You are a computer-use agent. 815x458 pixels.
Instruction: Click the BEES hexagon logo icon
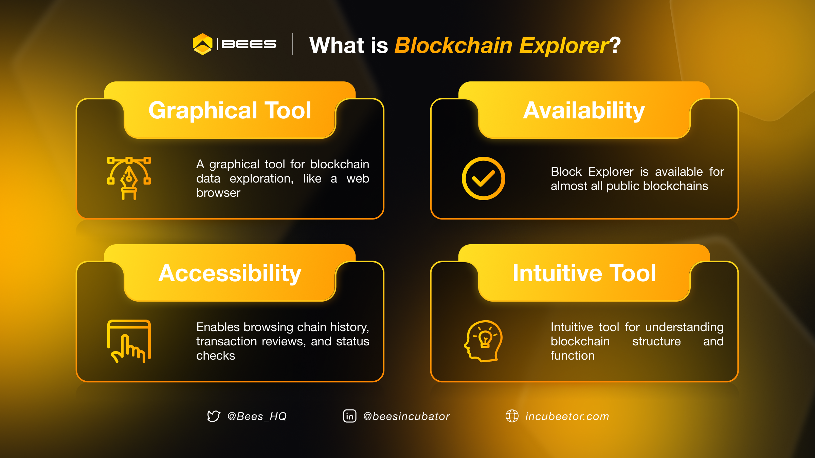[202, 44]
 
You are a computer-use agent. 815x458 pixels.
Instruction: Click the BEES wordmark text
[249, 44]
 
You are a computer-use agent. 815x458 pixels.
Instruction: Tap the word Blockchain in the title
[453, 45]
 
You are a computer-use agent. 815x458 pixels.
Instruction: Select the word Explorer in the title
[564, 45]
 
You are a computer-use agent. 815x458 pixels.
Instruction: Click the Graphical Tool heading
[230, 111]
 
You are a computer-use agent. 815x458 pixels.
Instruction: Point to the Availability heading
[584, 111]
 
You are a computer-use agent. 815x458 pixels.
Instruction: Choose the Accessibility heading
[230, 273]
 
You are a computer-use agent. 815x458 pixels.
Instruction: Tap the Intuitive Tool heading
[584, 273]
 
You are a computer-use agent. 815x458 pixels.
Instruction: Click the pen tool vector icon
[129, 178]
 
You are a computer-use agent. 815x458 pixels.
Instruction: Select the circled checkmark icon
[483, 178]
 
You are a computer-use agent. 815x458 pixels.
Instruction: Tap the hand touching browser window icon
[129, 341]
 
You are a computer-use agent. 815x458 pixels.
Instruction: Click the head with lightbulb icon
[483, 341]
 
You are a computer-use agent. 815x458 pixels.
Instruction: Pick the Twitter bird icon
[214, 416]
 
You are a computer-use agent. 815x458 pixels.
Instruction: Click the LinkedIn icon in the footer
[349, 416]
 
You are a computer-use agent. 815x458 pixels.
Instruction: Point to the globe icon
[512, 416]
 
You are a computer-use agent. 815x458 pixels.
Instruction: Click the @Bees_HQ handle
[257, 416]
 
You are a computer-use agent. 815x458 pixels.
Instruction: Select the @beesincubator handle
[406, 416]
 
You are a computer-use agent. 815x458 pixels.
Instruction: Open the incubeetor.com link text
[567, 416]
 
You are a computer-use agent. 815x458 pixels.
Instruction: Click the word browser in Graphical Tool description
[218, 193]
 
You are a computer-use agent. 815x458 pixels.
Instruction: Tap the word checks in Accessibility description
[216, 356]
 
